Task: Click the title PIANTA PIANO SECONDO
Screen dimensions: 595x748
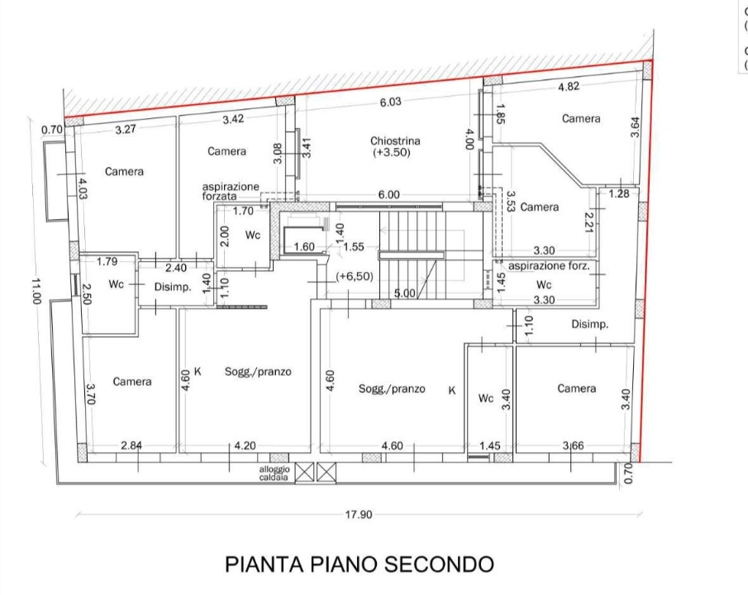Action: (x=360, y=564)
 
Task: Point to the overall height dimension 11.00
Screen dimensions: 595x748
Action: (x=36, y=291)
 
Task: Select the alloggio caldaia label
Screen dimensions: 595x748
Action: (x=274, y=474)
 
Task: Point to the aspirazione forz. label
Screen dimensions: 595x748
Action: (x=549, y=266)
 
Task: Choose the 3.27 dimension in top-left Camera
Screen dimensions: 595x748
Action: (x=126, y=129)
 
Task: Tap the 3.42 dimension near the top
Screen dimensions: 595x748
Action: (x=233, y=120)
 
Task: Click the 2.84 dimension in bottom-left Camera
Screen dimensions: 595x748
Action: (x=131, y=445)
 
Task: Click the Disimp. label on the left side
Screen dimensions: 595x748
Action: (x=174, y=288)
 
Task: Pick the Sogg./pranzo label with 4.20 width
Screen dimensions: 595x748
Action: (x=258, y=372)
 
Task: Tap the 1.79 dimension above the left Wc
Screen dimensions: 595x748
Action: (x=107, y=262)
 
